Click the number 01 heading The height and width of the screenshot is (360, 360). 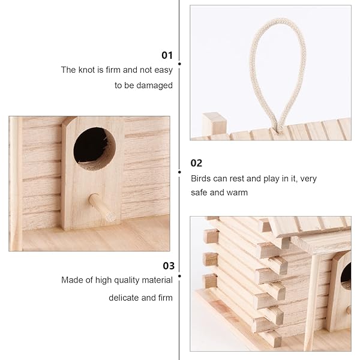[167, 55]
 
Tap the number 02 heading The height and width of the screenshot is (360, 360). [196, 163]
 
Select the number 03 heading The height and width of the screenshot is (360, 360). [169, 265]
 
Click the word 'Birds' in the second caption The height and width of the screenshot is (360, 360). [202, 178]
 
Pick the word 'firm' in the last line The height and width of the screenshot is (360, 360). [164, 298]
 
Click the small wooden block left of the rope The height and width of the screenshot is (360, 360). [214, 124]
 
